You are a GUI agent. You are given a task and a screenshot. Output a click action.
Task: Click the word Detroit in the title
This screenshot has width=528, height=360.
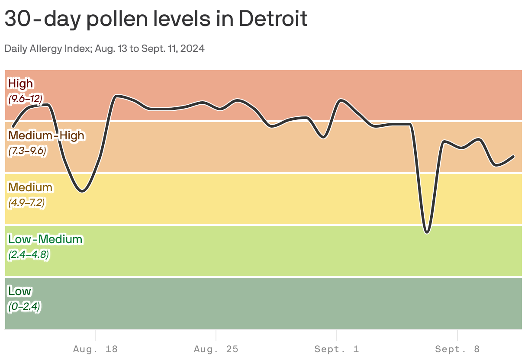point(273,19)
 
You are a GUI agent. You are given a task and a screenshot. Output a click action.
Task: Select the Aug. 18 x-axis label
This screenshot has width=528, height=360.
point(95,349)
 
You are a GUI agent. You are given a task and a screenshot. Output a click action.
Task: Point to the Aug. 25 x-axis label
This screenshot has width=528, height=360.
point(216,349)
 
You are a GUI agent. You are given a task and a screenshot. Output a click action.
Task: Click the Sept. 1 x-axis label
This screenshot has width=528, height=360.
point(337,349)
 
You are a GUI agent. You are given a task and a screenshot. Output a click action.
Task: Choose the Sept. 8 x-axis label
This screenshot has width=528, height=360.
point(457,349)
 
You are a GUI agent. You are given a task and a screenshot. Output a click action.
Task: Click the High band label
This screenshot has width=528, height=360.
point(20,83)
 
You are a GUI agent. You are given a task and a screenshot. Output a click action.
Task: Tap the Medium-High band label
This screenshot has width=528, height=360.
point(46,135)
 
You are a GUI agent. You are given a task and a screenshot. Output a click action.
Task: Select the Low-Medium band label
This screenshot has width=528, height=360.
point(45,239)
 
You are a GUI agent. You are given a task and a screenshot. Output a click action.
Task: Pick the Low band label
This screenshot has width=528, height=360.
point(19,291)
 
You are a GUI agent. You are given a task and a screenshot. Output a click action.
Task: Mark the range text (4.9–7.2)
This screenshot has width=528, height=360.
point(27,202)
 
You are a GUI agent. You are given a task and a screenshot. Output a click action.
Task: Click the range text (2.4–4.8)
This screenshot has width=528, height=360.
point(28,254)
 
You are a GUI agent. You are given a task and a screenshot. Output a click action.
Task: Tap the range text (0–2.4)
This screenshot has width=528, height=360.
point(24,306)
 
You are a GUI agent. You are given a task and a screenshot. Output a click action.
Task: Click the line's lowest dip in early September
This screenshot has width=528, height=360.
point(427,232)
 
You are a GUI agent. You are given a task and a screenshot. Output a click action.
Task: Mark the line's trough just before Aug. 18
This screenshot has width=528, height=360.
point(82,191)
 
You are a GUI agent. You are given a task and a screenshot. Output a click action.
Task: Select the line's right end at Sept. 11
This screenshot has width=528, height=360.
point(514,156)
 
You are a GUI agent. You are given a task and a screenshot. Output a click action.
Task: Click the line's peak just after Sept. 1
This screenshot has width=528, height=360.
point(341,100)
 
